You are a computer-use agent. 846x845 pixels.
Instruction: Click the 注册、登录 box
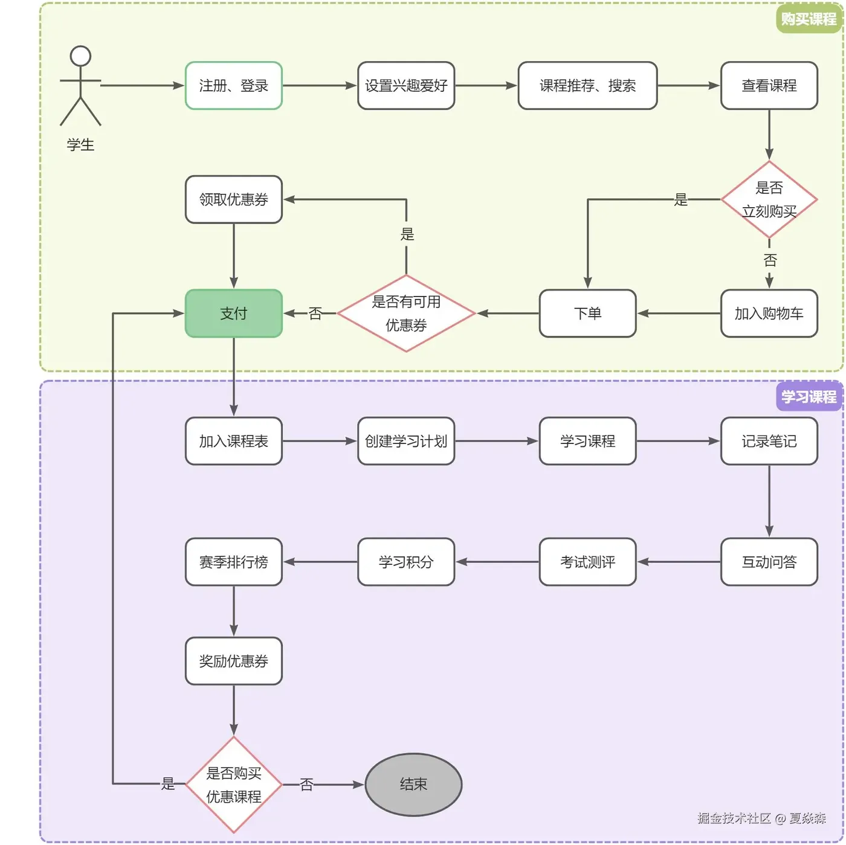(233, 86)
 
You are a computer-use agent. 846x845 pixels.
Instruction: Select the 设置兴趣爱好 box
(406, 86)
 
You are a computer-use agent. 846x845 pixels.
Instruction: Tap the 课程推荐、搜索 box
(587, 86)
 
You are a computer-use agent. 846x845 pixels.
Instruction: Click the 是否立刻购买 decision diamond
(769, 199)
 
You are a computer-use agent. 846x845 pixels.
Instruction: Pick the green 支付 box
(233, 313)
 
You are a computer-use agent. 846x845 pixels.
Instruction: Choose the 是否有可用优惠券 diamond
(406, 313)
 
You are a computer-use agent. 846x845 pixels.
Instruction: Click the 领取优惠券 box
(233, 199)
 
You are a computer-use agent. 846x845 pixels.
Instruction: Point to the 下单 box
(587, 313)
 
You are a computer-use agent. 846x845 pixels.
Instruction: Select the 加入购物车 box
(769, 313)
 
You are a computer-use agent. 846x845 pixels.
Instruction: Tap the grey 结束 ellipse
(413, 784)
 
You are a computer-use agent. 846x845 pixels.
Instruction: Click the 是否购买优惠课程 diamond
(233, 785)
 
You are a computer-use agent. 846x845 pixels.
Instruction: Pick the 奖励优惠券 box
(233, 661)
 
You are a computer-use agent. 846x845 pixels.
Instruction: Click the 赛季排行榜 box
(233, 562)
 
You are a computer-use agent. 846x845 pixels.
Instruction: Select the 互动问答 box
(769, 562)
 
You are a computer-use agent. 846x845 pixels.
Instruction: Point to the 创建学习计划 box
(406, 441)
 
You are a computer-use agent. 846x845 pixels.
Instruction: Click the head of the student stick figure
(80, 56)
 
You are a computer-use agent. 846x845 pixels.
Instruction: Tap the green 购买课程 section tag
(809, 19)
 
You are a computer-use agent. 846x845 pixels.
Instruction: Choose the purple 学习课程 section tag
(809, 397)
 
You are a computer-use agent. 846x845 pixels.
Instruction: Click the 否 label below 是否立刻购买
(770, 260)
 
